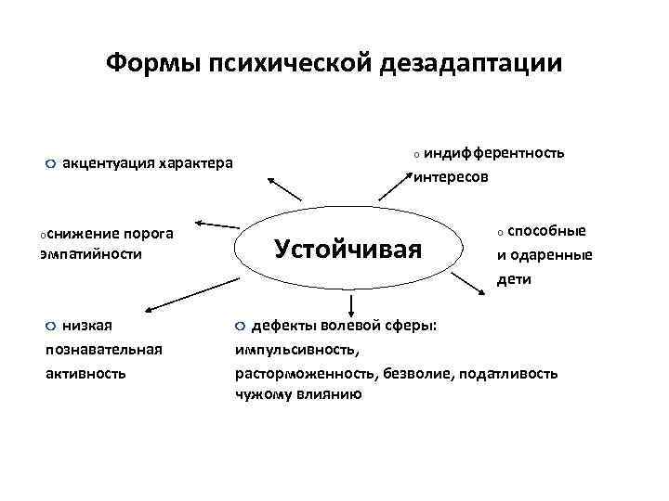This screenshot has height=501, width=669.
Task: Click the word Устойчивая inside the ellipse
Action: pyautogui.click(x=348, y=249)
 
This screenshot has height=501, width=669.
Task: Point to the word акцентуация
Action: pyautogui.click(x=107, y=164)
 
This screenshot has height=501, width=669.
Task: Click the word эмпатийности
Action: pyautogui.click(x=91, y=253)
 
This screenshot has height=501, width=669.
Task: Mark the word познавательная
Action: pyautogui.click(x=103, y=349)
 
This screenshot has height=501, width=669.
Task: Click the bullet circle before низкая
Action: pyautogui.click(x=51, y=326)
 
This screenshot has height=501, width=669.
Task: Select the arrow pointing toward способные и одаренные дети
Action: pyautogui.click(x=473, y=278)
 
